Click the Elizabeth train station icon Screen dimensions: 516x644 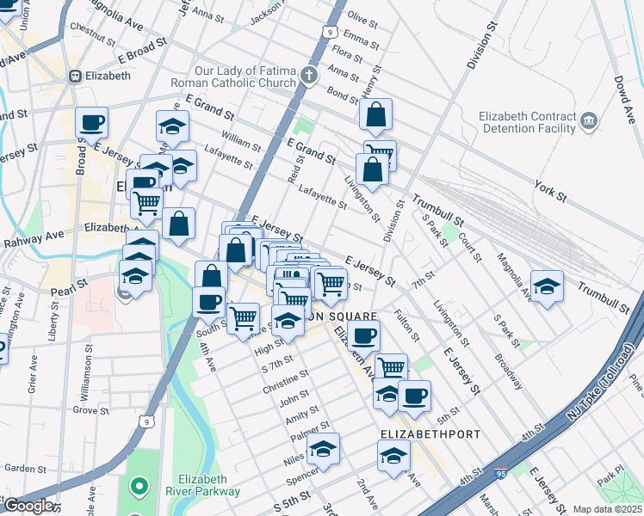tap(76, 76)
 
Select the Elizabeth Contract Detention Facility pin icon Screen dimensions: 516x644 tap(589, 120)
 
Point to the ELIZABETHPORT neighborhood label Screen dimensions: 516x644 tap(430, 434)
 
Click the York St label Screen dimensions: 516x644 tap(548, 191)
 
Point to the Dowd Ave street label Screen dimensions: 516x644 tap(628, 85)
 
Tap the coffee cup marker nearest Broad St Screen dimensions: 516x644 tap(91, 122)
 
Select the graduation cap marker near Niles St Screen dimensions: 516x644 tap(324, 448)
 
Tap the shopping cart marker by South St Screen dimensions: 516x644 tap(244, 316)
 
